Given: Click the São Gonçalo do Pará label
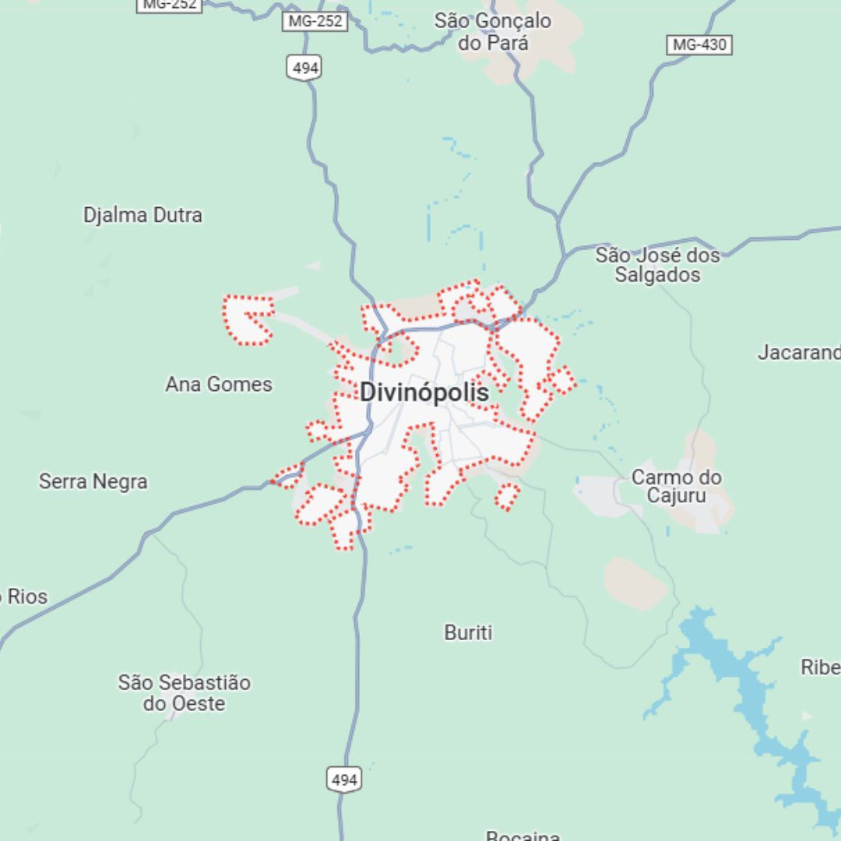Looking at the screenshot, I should coord(492,32).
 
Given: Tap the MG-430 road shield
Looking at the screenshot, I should coord(699,44).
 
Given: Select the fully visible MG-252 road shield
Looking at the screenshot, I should coord(315,21).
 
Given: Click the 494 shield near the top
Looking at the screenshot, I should coord(306,69).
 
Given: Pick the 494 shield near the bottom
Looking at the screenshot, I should coord(343,779).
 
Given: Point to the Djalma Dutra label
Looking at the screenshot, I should coord(143,215).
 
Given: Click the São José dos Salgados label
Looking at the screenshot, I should coord(657,265).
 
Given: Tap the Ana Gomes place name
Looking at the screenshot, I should coord(219,384).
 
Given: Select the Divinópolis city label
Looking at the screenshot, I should coord(424,392).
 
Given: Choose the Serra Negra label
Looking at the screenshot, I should coord(93,481).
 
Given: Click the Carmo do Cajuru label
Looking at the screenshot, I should coord(676,487).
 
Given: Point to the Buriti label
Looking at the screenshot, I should coord(468,632).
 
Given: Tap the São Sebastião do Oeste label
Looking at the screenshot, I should coord(185,693).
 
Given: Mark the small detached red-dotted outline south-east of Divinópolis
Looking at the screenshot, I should coord(507,496).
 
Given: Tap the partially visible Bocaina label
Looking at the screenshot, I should coord(523,836).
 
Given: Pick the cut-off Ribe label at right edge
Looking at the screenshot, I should coord(821,667).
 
